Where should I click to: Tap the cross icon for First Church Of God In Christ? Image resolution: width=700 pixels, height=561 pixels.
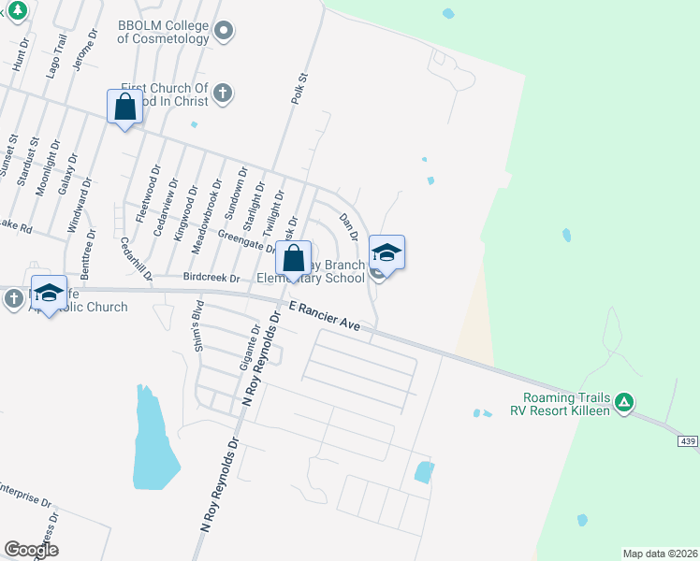tap(222, 93)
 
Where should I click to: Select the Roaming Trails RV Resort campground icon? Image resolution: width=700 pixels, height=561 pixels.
tap(624, 404)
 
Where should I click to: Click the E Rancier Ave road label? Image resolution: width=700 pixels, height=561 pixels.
tap(324, 315)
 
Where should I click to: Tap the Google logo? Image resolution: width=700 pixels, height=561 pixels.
tap(31, 550)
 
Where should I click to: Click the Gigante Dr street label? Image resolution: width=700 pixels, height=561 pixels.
tap(255, 343)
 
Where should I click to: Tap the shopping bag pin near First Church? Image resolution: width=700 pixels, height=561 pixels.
tap(125, 108)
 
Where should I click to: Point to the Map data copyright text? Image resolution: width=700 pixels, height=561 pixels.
tap(660, 554)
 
